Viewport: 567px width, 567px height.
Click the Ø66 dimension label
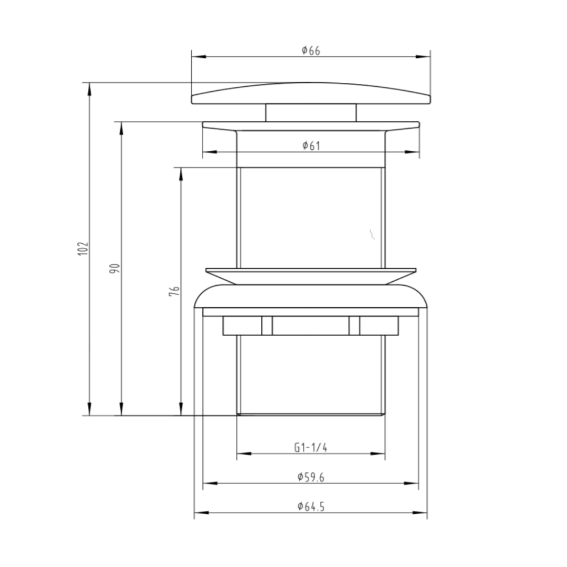click(x=311, y=50)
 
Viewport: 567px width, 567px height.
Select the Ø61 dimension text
click(x=311, y=146)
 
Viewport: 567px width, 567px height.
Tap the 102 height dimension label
click(x=83, y=249)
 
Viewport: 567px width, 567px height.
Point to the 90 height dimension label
click(x=115, y=268)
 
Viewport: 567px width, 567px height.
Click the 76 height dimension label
click(x=174, y=291)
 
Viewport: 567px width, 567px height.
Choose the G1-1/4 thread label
click(x=311, y=448)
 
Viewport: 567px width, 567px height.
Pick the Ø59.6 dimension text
click(x=311, y=477)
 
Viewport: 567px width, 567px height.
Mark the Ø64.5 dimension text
click(x=311, y=506)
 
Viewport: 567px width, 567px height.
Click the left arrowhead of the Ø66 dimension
click(x=199, y=57)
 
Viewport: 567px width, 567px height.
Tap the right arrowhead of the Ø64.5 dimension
click(x=420, y=513)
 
